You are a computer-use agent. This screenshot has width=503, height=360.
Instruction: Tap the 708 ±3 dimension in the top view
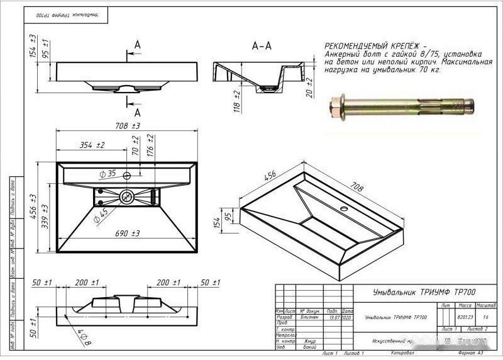[x=126, y=126]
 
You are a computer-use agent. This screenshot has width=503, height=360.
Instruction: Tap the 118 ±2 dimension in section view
[x=237, y=101]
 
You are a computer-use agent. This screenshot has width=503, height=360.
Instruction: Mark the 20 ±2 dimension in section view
[x=309, y=93]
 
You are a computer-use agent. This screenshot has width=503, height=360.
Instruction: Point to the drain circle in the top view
[x=126, y=197]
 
